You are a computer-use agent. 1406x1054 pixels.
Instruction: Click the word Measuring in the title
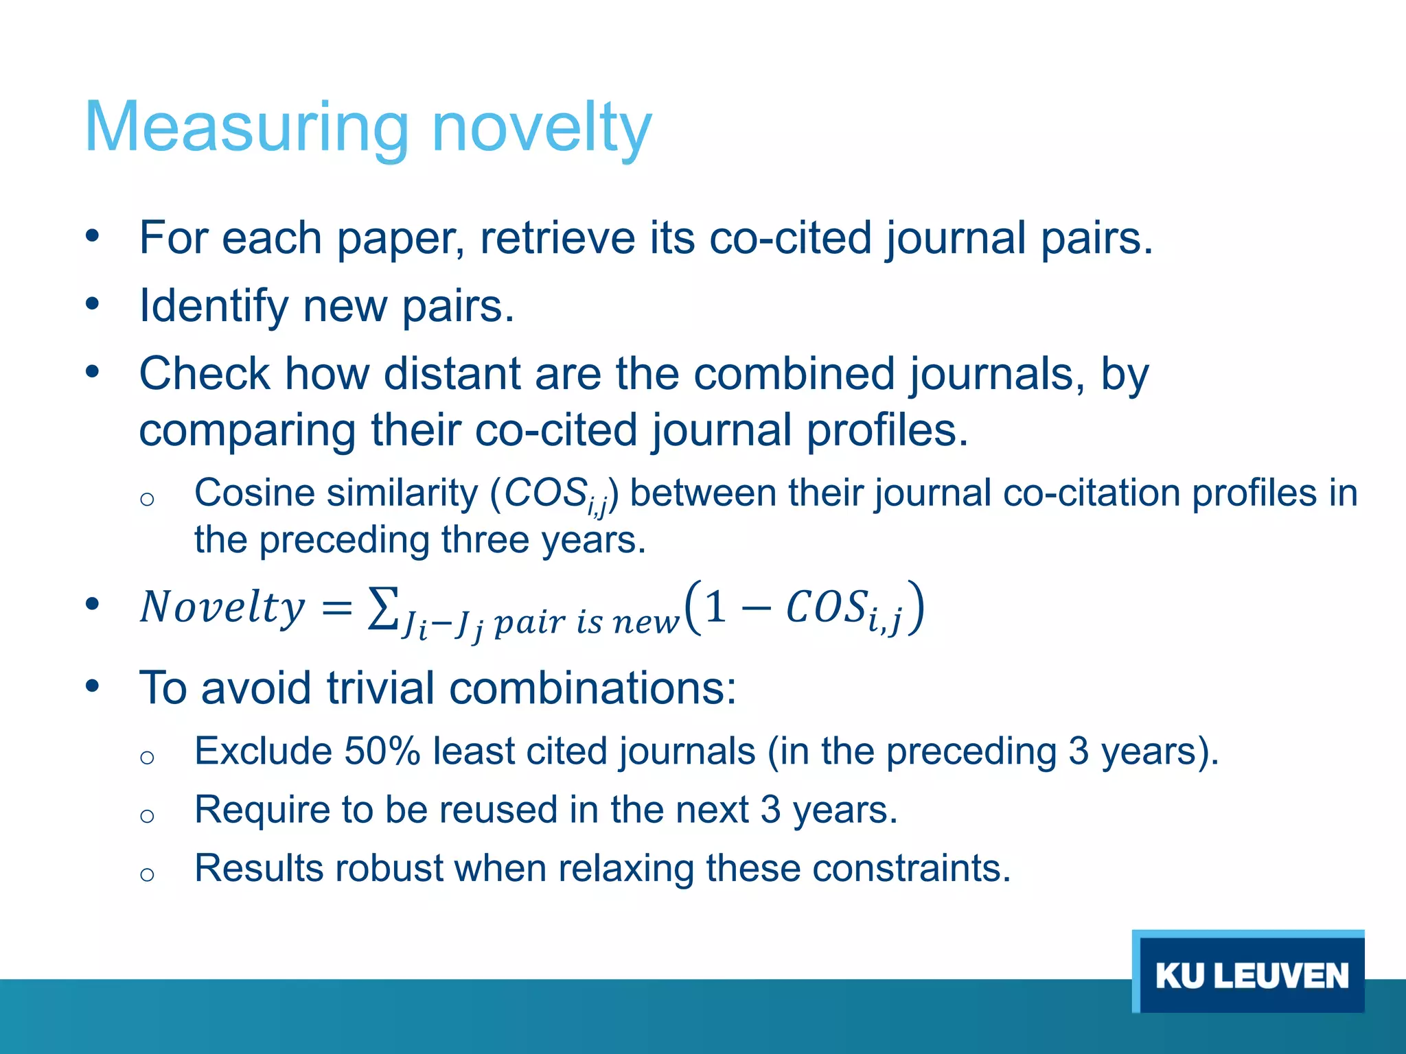pos(246,128)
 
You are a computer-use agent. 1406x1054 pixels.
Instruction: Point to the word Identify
pos(214,306)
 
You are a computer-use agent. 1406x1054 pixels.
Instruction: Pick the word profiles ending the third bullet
pos(886,430)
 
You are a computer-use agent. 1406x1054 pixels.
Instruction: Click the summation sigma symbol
pos(382,608)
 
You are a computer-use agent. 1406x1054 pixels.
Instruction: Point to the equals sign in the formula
pos(336,608)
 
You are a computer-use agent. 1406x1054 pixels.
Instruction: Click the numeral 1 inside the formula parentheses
pos(715,607)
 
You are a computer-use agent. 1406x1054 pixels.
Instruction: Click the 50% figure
pos(382,751)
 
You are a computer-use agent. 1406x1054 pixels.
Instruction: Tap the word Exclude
pos(263,751)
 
